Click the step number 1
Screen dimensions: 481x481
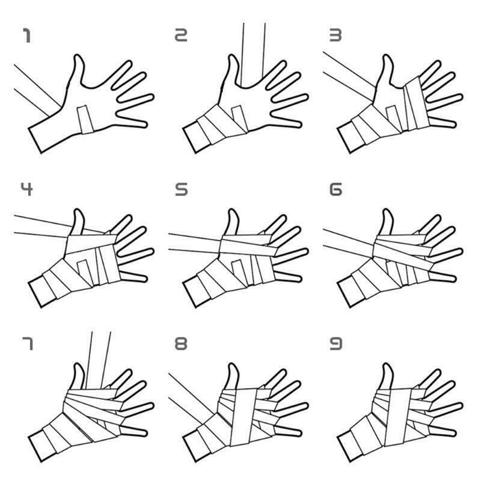click(x=26, y=35)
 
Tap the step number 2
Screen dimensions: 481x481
click(x=181, y=35)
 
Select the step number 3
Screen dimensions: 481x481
click(x=335, y=35)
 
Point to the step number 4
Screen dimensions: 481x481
click(x=26, y=189)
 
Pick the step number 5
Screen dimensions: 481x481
click(x=181, y=189)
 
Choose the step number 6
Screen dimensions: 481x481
click(x=335, y=189)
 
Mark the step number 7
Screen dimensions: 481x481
click(x=27, y=343)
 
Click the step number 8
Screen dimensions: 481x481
click(x=181, y=344)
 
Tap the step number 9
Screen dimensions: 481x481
click(x=335, y=344)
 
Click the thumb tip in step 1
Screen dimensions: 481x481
click(x=78, y=56)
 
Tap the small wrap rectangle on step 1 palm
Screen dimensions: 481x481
click(x=85, y=120)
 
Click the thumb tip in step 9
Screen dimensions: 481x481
click(x=387, y=365)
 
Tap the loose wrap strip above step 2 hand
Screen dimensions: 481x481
click(x=253, y=54)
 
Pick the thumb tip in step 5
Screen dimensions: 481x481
click(x=233, y=210)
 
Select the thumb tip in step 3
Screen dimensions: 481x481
click(x=387, y=56)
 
